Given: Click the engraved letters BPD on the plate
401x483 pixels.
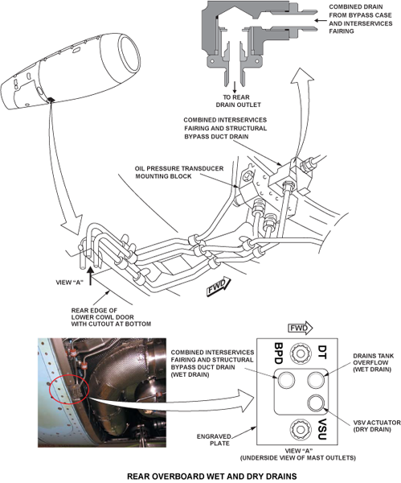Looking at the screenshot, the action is tap(278, 353).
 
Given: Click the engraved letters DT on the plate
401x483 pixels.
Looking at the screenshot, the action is tap(321, 352).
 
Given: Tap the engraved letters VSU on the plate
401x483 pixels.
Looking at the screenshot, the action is tap(321, 429).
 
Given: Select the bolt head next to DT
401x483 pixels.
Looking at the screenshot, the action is tap(300, 353).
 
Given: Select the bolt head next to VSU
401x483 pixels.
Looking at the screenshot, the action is tap(299, 428).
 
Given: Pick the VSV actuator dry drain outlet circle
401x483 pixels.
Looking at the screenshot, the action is tap(316, 403).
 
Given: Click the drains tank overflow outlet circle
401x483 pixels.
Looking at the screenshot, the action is tap(316, 380).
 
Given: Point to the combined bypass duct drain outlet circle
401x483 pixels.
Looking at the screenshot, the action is tap(286, 380).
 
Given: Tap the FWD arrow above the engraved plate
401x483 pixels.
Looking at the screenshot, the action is tap(300, 328).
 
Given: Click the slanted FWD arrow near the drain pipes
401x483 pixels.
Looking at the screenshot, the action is tap(219, 287).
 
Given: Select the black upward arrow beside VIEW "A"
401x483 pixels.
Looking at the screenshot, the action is tap(90, 276).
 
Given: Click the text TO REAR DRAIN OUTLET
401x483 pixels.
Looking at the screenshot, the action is tap(237, 101).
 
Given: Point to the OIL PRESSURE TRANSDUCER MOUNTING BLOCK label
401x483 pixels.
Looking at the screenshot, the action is tap(178, 172).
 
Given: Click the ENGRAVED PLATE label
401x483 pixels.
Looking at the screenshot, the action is tap(214, 440).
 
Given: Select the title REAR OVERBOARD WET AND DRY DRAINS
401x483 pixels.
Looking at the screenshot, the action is tap(212, 477).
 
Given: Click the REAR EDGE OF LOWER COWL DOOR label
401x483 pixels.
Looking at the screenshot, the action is tap(111, 317).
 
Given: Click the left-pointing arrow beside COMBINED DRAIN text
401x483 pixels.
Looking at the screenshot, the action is tap(321, 21).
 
